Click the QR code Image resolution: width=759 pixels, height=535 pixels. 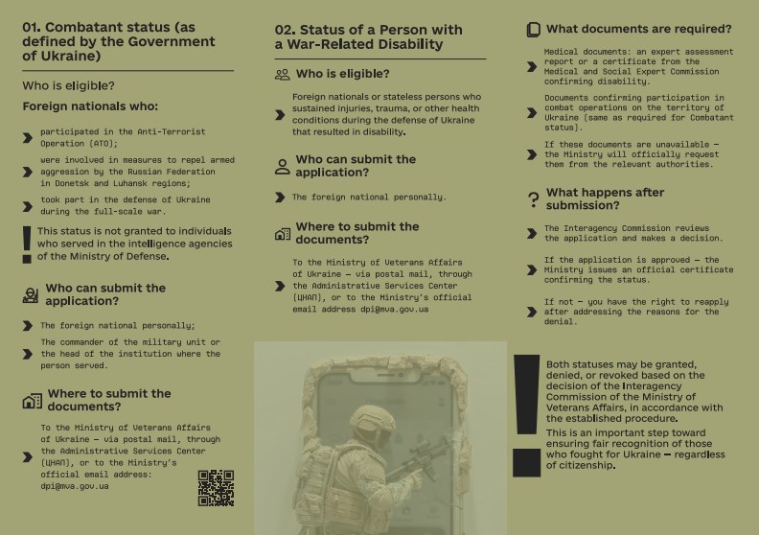(216, 487)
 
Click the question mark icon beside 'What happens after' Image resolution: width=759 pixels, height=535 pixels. (533, 200)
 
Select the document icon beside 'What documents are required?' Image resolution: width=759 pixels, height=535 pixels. (533, 30)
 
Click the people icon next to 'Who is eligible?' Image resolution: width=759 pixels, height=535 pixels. (282, 74)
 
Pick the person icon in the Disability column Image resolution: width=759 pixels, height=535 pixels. (282, 167)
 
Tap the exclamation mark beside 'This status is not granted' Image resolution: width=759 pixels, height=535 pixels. (26, 244)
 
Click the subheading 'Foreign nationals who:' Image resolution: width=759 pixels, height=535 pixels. (90, 106)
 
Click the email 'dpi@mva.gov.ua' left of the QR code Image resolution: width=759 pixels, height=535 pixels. (75, 486)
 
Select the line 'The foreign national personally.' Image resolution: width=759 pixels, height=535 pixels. (369, 197)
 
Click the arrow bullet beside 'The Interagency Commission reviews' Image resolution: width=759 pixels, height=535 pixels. (533, 233)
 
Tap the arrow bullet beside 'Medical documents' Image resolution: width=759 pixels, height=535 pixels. (533, 66)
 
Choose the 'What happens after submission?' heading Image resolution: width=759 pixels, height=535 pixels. (605, 198)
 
